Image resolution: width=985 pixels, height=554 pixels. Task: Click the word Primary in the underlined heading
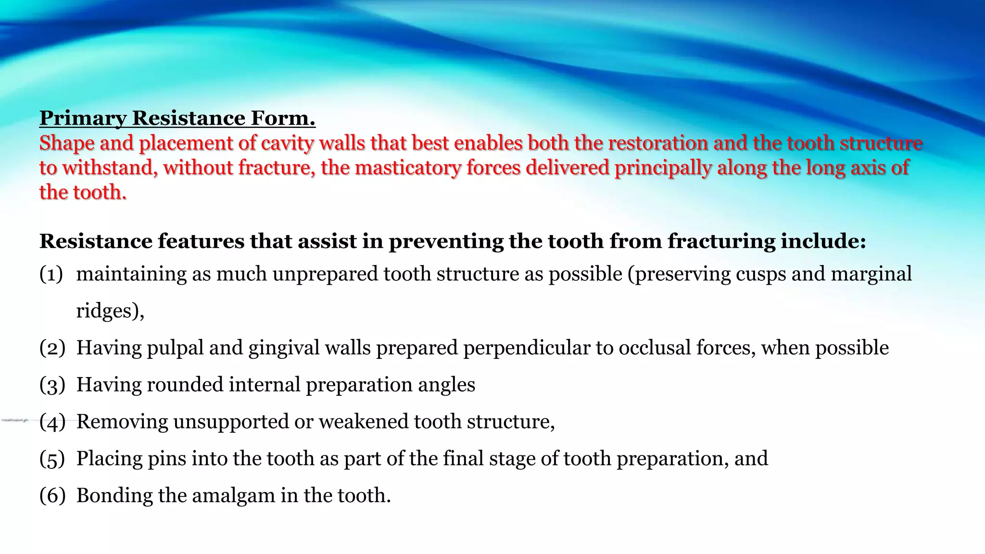(x=82, y=118)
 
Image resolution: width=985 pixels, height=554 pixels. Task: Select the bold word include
(x=823, y=241)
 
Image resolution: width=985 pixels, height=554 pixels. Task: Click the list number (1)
(x=51, y=274)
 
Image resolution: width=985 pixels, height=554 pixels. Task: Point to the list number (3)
(x=52, y=385)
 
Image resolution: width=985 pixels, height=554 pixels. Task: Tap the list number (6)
(x=52, y=495)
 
